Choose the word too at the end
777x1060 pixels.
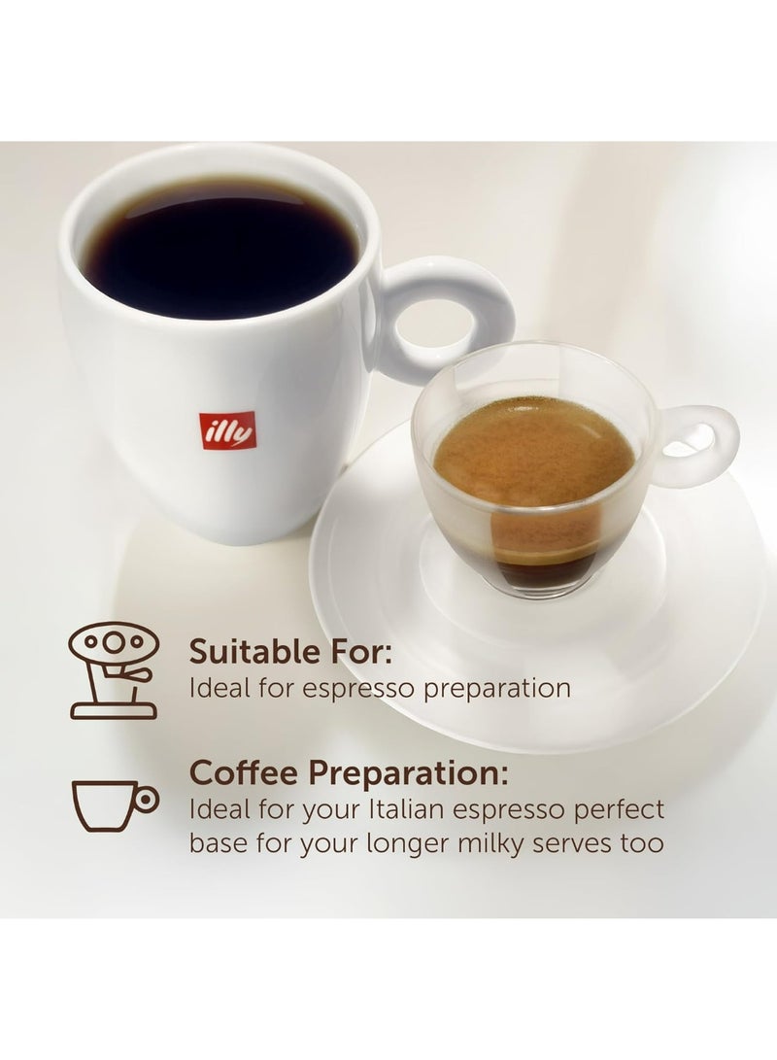click(x=642, y=841)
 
